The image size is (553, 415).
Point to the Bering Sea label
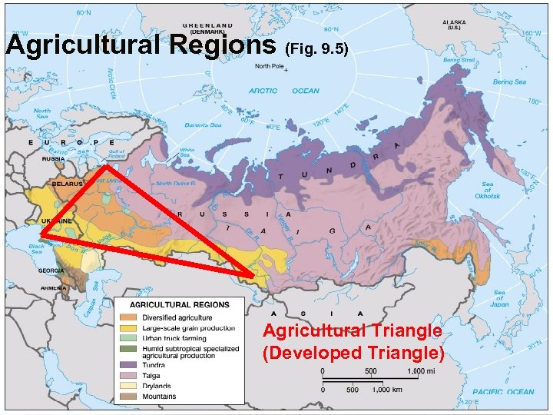510,81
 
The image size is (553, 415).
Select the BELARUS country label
67,184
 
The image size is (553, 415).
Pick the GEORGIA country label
51,271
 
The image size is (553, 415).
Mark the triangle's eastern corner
254,274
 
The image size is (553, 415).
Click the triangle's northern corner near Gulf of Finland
108,164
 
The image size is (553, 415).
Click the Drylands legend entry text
157,387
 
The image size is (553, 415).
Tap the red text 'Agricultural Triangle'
353,331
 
